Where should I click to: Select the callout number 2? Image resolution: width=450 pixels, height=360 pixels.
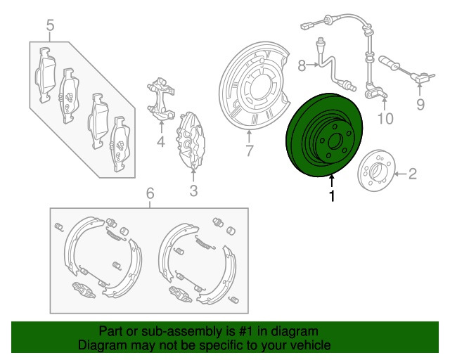click(x=413, y=173)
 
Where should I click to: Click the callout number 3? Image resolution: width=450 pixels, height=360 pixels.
click(x=193, y=190)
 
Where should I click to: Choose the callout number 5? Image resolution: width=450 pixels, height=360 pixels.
click(x=50, y=27)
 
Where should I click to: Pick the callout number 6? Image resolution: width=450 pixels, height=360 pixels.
click(x=149, y=194)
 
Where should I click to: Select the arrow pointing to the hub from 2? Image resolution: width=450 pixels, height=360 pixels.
click(x=396, y=172)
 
